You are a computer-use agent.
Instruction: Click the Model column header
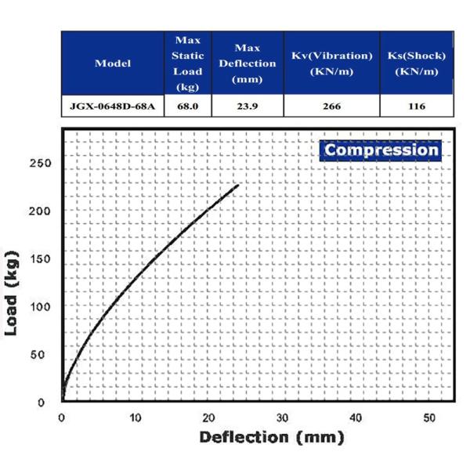pyautogui.click(x=113, y=63)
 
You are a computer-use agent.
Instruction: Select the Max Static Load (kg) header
pyautogui.click(x=188, y=63)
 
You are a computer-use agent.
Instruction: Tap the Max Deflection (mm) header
pyautogui.click(x=248, y=63)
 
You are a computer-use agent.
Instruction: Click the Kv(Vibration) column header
pyautogui.click(x=331, y=63)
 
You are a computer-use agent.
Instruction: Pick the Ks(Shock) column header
pyautogui.click(x=417, y=63)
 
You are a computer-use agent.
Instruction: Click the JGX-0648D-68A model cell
pyautogui.click(x=113, y=106)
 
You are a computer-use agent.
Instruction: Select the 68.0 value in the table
pyautogui.click(x=188, y=106)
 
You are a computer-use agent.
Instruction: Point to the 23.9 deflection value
pyautogui.click(x=248, y=106)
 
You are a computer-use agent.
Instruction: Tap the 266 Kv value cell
pyautogui.click(x=331, y=106)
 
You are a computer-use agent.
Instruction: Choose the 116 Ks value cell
pyautogui.click(x=417, y=106)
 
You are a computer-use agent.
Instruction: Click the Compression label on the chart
pyautogui.click(x=381, y=150)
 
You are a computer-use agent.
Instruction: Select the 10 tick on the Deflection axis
pyautogui.click(x=136, y=417)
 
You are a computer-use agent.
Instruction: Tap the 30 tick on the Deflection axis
pyautogui.click(x=282, y=417)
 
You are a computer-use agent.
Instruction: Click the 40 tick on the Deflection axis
pyautogui.click(x=356, y=417)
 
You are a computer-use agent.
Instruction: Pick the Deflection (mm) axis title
pyautogui.click(x=272, y=438)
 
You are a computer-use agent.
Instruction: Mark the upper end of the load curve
pyautogui.click(x=237, y=185)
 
